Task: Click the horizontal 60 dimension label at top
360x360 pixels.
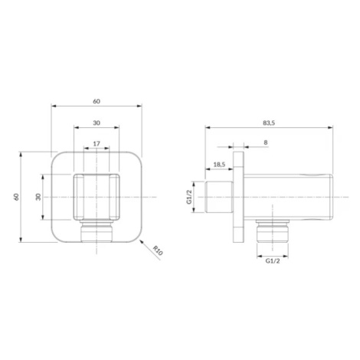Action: (97, 101)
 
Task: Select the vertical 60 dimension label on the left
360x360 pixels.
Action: (17, 197)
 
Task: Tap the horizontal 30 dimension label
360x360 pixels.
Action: (97, 123)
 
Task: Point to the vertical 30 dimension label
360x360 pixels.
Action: (38, 197)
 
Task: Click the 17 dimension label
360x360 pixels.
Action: (97, 144)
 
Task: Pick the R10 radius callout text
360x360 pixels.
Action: (158, 250)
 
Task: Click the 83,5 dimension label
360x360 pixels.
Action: (269, 123)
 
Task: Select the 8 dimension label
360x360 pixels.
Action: (266, 142)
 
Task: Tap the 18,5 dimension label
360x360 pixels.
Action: (219, 165)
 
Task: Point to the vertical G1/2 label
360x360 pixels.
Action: (189, 197)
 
